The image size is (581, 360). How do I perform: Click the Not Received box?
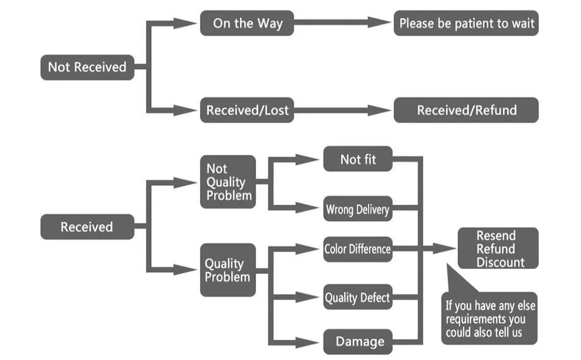click(x=87, y=67)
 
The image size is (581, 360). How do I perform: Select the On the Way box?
click(x=247, y=23)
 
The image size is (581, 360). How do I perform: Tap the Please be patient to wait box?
click(x=466, y=23)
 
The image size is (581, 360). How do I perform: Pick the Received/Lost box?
click(x=247, y=110)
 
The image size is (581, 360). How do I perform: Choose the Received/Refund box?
click(x=466, y=110)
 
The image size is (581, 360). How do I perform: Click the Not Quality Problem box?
click(x=228, y=182)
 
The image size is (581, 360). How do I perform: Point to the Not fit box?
click(x=358, y=159)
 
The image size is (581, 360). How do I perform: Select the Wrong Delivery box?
click(x=358, y=208)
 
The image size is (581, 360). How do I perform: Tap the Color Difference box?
click(x=358, y=249)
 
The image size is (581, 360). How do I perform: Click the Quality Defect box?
click(x=358, y=297)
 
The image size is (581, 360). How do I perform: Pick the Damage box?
click(x=358, y=342)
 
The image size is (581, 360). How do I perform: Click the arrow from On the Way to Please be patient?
click(x=342, y=22)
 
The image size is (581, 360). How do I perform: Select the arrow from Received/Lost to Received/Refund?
click(x=342, y=110)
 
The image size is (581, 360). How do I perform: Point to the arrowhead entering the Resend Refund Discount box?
click(x=445, y=249)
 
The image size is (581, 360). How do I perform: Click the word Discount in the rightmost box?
click(x=500, y=262)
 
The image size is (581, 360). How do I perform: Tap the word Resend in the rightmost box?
click(x=496, y=235)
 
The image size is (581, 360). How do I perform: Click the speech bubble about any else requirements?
click(x=489, y=318)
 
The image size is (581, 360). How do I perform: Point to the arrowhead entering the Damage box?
click(x=308, y=342)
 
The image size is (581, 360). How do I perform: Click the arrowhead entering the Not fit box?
click(x=308, y=160)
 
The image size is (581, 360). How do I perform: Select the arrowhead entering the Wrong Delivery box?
click(x=308, y=208)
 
